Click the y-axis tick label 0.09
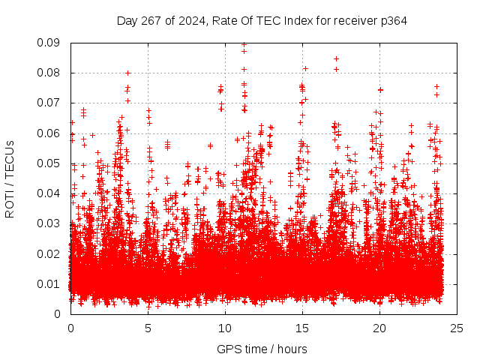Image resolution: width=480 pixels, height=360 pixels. click(x=49, y=43)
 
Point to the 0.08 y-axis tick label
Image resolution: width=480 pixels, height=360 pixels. click(x=49, y=73)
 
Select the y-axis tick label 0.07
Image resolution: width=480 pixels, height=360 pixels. click(x=49, y=103)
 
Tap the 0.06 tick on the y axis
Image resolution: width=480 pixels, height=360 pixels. click(x=49, y=133)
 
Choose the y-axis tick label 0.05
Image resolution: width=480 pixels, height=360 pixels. click(x=49, y=163)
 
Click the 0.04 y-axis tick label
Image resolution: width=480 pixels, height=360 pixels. click(x=49, y=193)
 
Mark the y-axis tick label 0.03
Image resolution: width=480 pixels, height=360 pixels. click(x=49, y=223)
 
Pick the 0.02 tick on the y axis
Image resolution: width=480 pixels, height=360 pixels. click(x=49, y=253)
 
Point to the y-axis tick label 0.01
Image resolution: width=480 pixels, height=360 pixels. click(x=49, y=283)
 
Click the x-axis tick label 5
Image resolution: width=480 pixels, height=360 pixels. click(x=148, y=328)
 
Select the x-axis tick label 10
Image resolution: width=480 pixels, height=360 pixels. click(x=225, y=328)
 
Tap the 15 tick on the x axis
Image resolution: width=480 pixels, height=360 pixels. click(x=302, y=328)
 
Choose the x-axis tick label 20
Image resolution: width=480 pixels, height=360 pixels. click(x=379, y=328)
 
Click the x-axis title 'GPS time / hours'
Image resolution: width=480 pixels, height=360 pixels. click(x=262, y=349)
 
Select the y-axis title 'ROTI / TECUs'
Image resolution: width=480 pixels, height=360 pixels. click(x=10, y=178)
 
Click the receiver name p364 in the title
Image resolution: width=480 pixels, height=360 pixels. click(x=393, y=20)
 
